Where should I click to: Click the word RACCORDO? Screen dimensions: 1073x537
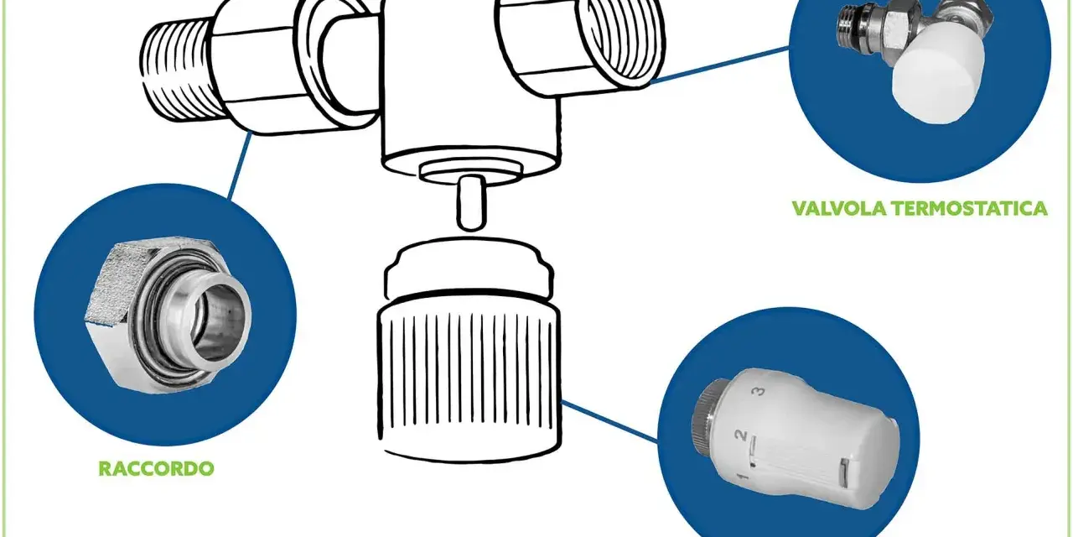tap(156, 468)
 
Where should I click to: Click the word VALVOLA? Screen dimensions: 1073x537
tap(836, 209)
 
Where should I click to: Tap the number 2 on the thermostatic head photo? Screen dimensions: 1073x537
tap(741, 435)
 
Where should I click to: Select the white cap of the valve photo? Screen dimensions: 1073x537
tap(939, 72)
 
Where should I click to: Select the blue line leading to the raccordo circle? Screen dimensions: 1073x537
tap(239, 165)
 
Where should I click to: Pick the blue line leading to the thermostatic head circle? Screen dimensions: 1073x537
tap(609, 421)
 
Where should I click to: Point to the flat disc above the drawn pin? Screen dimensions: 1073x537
tap(469, 172)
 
